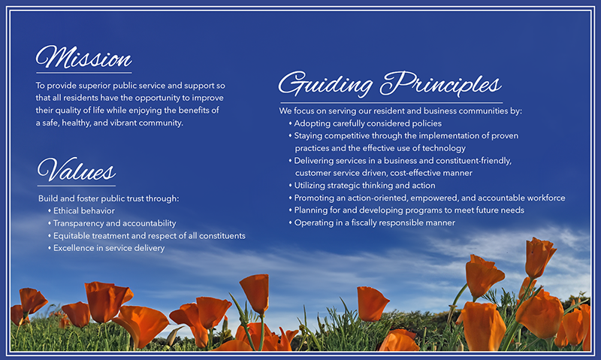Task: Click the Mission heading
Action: (x=83, y=58)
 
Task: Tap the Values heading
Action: (x=76, y=171)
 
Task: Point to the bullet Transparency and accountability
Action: (x=114, y=223)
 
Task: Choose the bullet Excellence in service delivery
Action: (x=108, y=248)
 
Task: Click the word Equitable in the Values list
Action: (x=73, y=236)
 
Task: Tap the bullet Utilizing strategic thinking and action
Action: (x=364, y=185)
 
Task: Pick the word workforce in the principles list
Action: (x=542, y=198)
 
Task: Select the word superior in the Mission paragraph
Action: (x=95, y=86)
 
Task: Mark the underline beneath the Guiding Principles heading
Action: (x=391, y=102)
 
